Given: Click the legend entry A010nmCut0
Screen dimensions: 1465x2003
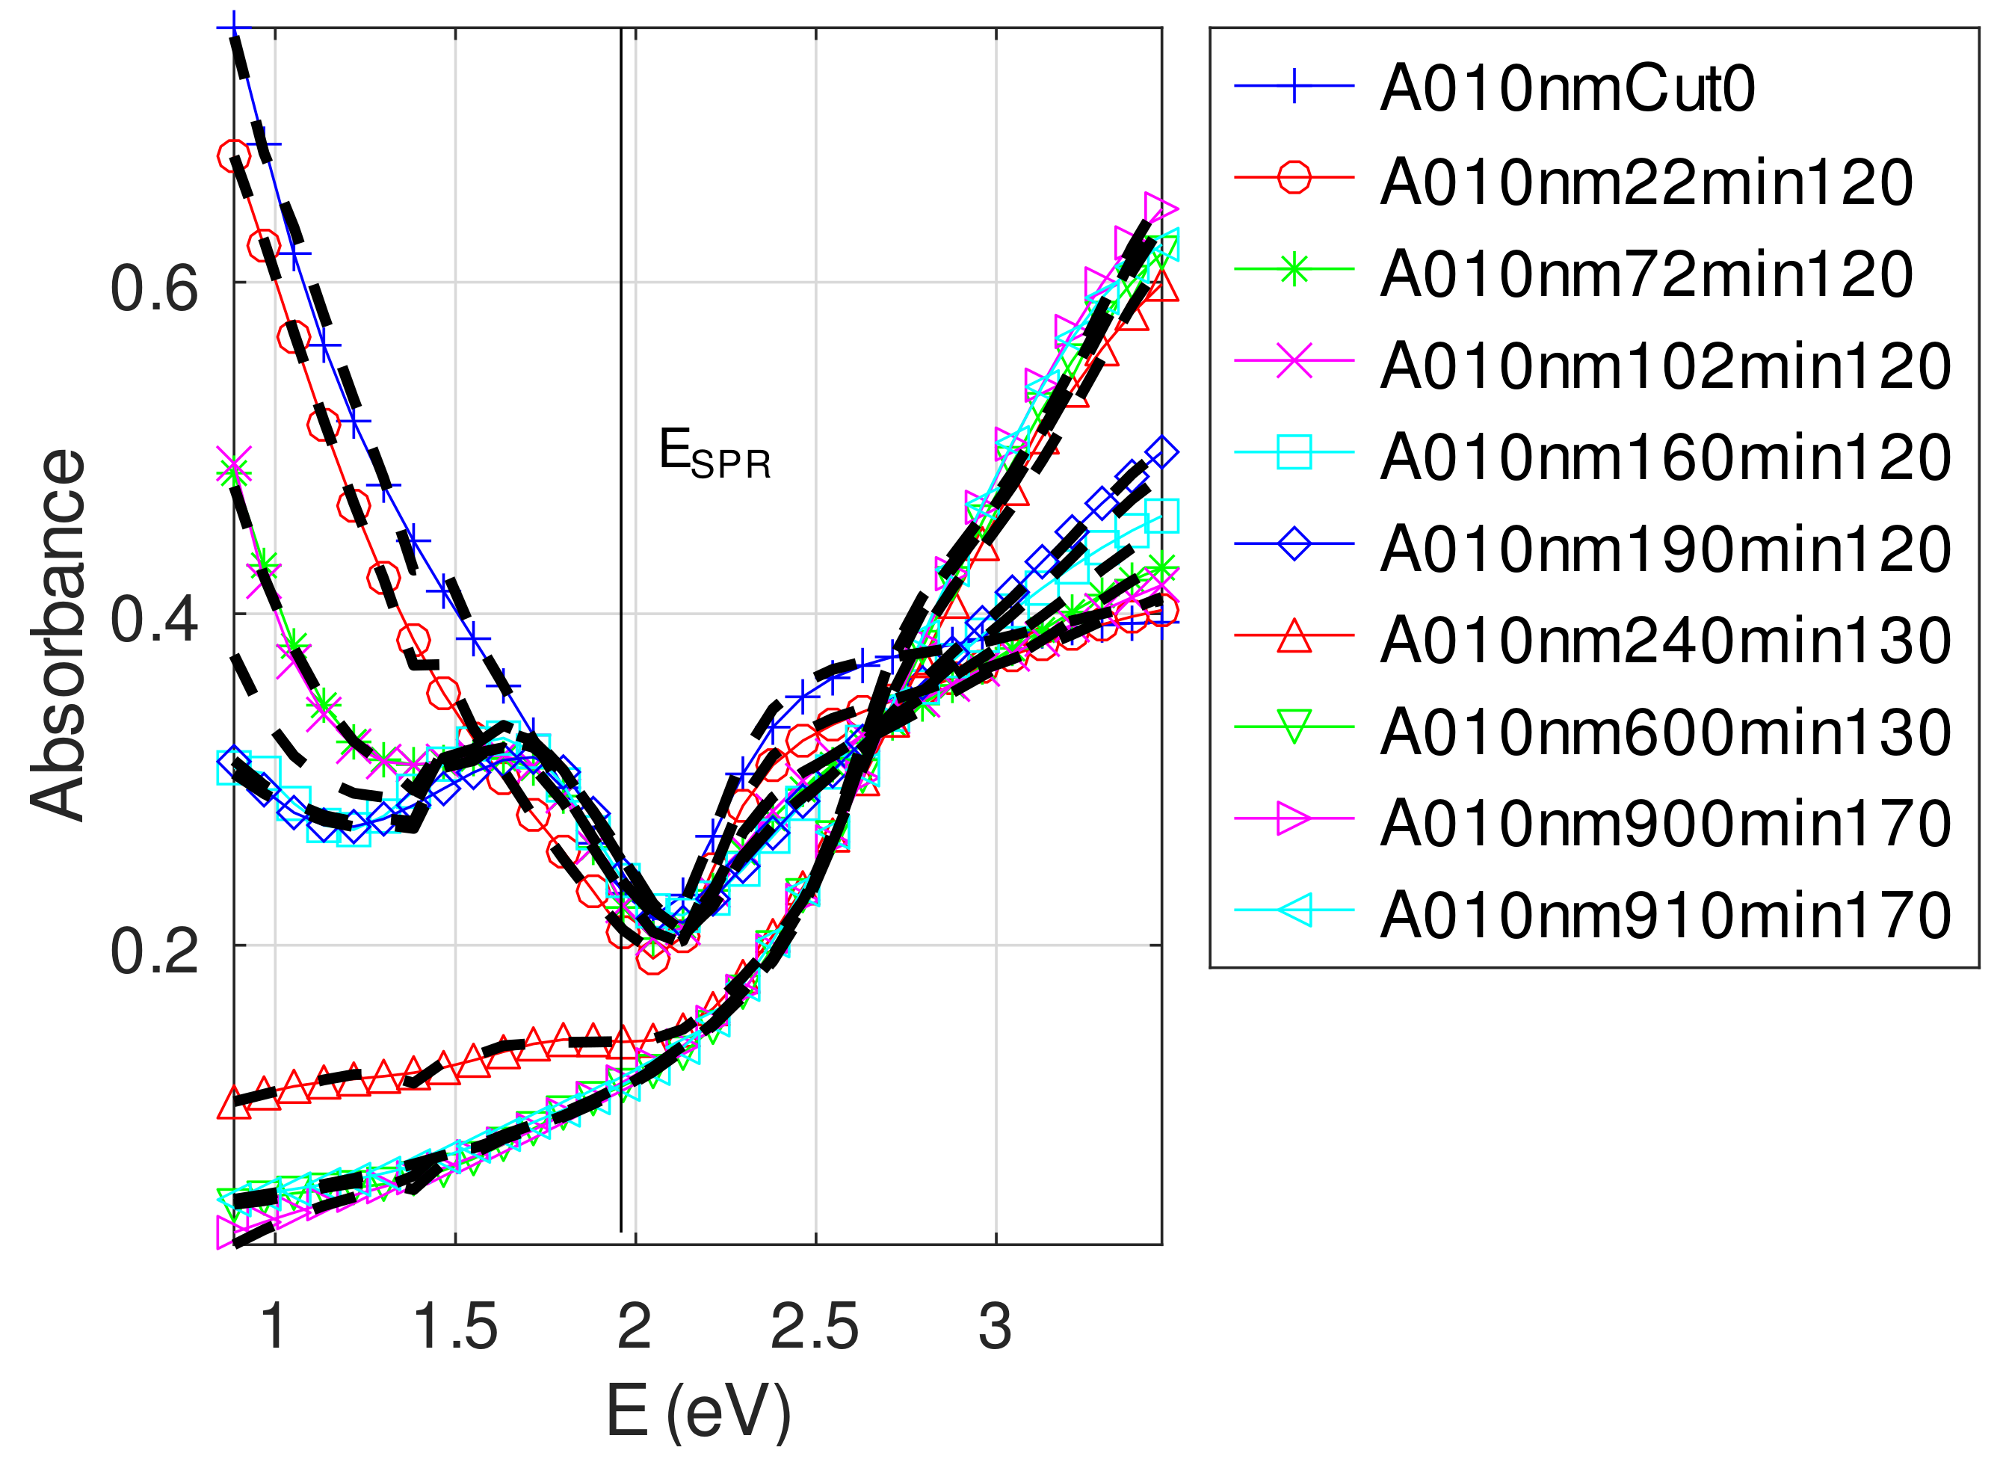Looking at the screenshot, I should tap(1567, 90).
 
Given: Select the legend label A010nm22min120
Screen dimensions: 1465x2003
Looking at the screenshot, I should tap(1646, 182).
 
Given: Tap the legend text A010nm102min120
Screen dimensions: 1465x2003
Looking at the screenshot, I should tap(1665, 366).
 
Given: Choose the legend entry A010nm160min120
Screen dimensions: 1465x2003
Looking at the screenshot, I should tap(1665, 457).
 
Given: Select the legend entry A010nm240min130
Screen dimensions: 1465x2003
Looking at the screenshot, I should tap(1665, 641).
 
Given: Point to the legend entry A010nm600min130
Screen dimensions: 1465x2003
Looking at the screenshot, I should tap(1665, 732).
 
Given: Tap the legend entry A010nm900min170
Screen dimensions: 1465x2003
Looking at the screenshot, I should tap(1665, 824).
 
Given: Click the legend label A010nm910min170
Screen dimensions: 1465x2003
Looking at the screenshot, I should tap(1665, 915).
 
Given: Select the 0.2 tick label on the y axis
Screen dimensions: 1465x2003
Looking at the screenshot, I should tap(153, 951).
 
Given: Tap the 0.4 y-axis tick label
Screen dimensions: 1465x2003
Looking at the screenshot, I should tap(153, 619).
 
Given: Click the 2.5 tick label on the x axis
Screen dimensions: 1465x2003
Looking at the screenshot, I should tap(814, 1328).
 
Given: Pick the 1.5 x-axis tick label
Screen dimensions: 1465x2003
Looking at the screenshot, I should tap(455, 1328).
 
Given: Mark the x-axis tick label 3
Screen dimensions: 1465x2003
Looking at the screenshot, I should tap(995, 1328).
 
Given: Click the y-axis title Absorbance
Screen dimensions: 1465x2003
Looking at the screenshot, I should tap(58, 636).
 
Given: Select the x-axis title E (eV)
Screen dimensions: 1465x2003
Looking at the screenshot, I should tap(699, 1411).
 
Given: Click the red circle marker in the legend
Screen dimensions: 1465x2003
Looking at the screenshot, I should tap(1294, 177).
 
